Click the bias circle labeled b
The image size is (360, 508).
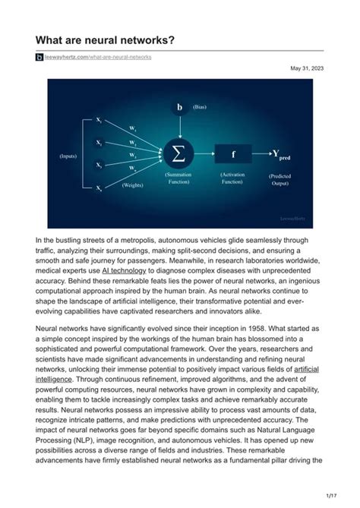[179, 108]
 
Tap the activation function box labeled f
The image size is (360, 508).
[233, 154]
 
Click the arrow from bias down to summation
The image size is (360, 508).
[179, 128]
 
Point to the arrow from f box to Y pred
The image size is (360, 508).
[262, 154]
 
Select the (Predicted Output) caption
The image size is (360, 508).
[280, 180]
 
